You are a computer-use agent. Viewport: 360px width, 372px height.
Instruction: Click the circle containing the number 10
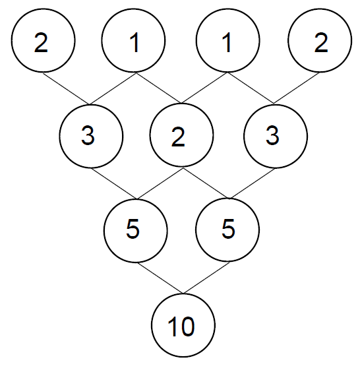point(183,325)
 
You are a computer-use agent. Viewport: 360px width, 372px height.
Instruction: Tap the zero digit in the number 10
point(187,326)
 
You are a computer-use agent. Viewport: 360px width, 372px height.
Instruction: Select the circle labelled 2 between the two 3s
point(182,135)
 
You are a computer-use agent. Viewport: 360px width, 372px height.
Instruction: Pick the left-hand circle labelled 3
point(91,136)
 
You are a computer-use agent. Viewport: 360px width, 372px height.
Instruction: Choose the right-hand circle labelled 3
point(276,136)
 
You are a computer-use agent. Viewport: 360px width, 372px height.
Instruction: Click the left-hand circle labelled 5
point(135,231)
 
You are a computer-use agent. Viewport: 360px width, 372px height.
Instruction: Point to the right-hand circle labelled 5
point(227,230)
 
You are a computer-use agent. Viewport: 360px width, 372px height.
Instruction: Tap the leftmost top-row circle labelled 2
point(43,40)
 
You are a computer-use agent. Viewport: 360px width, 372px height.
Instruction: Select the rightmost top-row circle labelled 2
point(320,40)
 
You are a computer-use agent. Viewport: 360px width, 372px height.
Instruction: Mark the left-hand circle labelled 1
point(133,40)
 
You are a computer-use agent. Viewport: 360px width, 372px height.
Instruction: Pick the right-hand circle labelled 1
point(228,40)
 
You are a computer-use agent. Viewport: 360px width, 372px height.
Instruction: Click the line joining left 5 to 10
point(161,278)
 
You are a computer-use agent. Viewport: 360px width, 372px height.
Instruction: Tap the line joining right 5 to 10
point(206,278)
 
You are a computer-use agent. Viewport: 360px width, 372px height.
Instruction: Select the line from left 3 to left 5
point(115,183)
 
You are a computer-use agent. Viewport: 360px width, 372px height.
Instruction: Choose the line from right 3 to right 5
point(253,183)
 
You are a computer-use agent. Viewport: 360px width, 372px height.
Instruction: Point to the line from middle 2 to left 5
point(161,183)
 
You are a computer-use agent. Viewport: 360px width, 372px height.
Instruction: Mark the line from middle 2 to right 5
point(206,183)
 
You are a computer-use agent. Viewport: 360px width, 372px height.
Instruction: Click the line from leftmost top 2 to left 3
point(66,88)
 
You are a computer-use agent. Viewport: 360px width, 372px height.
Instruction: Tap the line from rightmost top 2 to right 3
point(297,88)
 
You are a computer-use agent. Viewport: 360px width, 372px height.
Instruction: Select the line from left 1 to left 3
point(113,89)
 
